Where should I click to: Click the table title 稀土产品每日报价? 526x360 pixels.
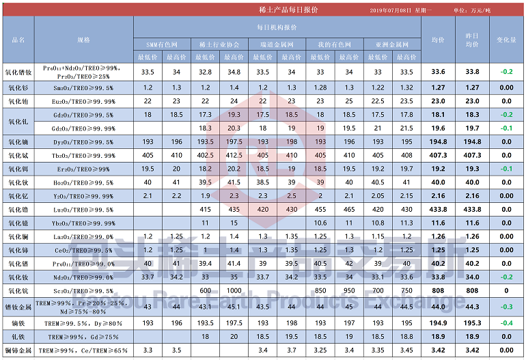(x=279, y=10)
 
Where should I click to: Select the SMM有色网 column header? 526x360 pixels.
(x=163, y=44)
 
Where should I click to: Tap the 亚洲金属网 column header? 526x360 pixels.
(x=392, y=44)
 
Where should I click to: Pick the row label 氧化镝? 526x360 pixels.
(x=18, y=141)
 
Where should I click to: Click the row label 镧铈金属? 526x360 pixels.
(x=18, y=350)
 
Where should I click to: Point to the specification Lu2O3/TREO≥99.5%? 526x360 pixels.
(x=83, y=209)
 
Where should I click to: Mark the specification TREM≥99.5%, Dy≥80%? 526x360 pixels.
(x=83, y=322)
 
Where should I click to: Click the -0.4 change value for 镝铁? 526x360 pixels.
(x=506, y=322)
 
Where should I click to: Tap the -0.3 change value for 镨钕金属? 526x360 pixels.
(x=506, y=307)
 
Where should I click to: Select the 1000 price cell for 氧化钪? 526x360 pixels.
(x=234, y=290)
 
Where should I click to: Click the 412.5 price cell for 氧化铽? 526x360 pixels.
(x=234, y=155)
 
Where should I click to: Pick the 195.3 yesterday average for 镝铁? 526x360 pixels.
(x=472, y=322)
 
